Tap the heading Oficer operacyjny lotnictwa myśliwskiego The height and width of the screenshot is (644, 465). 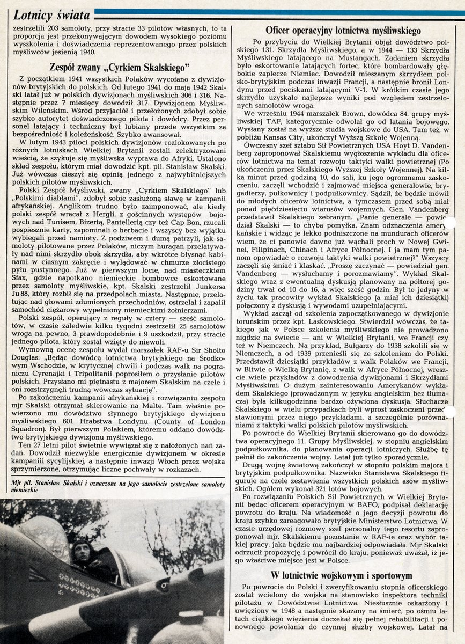[343, 31]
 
